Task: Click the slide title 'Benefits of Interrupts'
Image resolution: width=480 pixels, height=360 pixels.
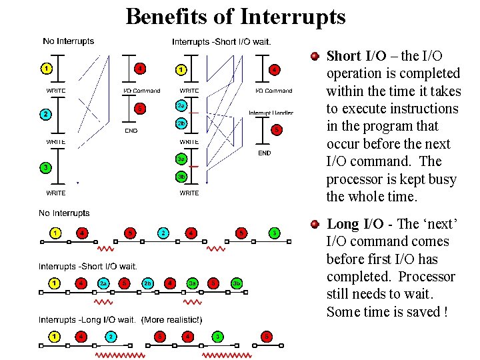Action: pos(235,16)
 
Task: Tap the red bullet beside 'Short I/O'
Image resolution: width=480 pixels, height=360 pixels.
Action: pos(315,56)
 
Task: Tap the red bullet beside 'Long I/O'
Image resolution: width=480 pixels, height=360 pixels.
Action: pos(315,225)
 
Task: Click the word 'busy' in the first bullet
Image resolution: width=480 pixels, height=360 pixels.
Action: pos(443,179)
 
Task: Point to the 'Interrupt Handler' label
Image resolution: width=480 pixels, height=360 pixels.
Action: pos(271,113)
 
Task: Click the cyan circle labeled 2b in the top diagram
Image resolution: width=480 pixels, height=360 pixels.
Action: pos(181,123)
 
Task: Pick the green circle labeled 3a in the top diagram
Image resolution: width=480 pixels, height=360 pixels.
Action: pos(181,159)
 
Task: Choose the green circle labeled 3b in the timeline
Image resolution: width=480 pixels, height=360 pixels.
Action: pos(236,283)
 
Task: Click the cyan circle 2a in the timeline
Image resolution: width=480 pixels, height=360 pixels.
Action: pos(103,283)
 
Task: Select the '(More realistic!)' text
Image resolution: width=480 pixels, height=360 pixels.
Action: pos(172,320)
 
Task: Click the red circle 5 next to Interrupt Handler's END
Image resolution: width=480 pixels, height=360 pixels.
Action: pos(276,129)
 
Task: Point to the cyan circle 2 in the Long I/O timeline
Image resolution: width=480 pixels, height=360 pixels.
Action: pos(112,336)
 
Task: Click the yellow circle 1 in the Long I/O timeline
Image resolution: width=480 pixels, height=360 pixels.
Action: pos(55,336)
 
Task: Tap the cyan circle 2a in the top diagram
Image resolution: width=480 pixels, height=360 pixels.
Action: pos(181,105)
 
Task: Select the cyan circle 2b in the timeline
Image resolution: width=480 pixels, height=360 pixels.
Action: pos(147,283)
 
